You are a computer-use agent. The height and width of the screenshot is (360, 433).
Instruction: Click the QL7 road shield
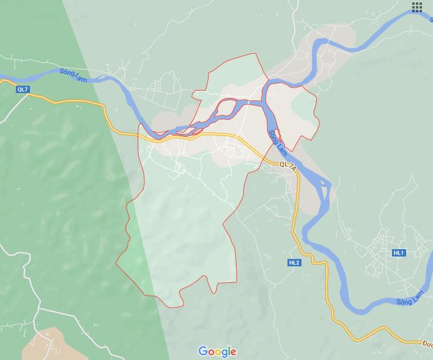tap(23, 89)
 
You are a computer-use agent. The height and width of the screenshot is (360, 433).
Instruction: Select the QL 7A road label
tap(287, 165)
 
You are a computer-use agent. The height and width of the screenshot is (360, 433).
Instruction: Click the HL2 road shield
tap(294, 263)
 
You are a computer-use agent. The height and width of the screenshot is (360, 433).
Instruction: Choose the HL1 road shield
tap(399, 253)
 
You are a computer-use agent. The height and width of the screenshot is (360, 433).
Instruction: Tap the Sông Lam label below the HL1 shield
tap(410, 299)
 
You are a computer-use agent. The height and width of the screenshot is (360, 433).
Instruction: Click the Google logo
tap(217, 351)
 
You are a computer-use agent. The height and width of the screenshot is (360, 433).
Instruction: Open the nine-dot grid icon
tap(417, 7)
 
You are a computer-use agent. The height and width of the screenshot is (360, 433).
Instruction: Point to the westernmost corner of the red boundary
tap(116, 264)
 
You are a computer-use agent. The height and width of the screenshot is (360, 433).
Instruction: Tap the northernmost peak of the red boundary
tap(256, 54)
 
